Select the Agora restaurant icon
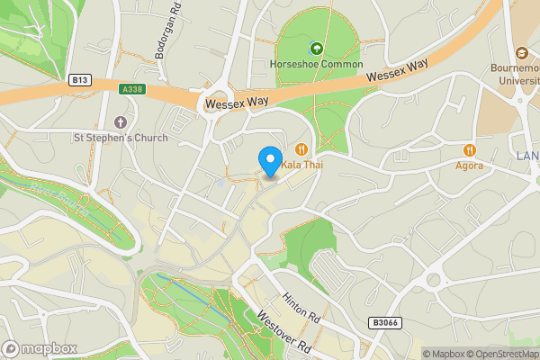[468, 149]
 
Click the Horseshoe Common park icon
[316, 49]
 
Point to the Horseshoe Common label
[316, 64]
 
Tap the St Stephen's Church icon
[121, 122]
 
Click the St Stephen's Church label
[121, 138]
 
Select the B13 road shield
[79, 80]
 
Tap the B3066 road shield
[383, 321]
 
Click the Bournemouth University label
[514, 73]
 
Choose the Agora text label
[468, 166]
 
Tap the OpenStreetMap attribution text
[499, 354]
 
